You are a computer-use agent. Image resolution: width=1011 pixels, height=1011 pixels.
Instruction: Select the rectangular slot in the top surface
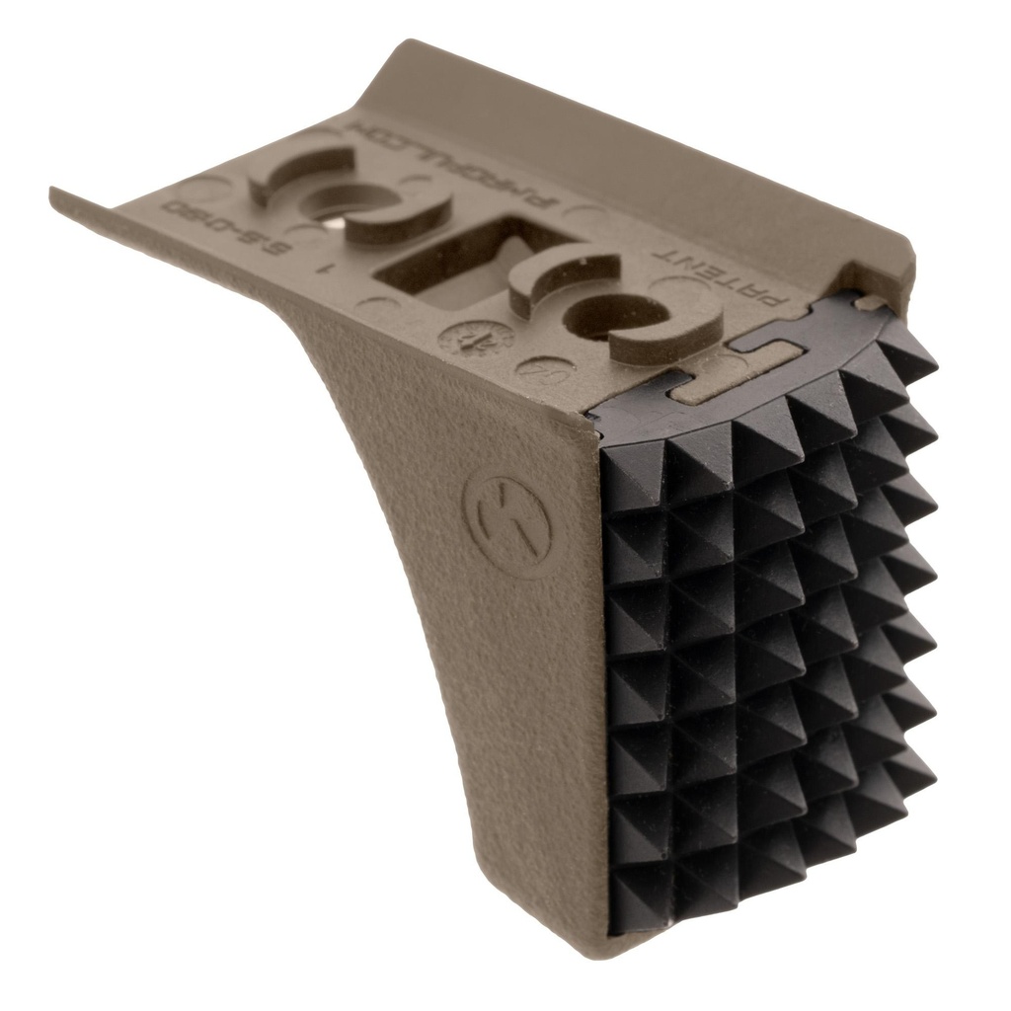point(447,259)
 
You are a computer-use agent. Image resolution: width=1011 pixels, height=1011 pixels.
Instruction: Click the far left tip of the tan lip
point(55,194)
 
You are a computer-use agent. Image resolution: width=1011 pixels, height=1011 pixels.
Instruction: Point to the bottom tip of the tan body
point(612,953)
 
